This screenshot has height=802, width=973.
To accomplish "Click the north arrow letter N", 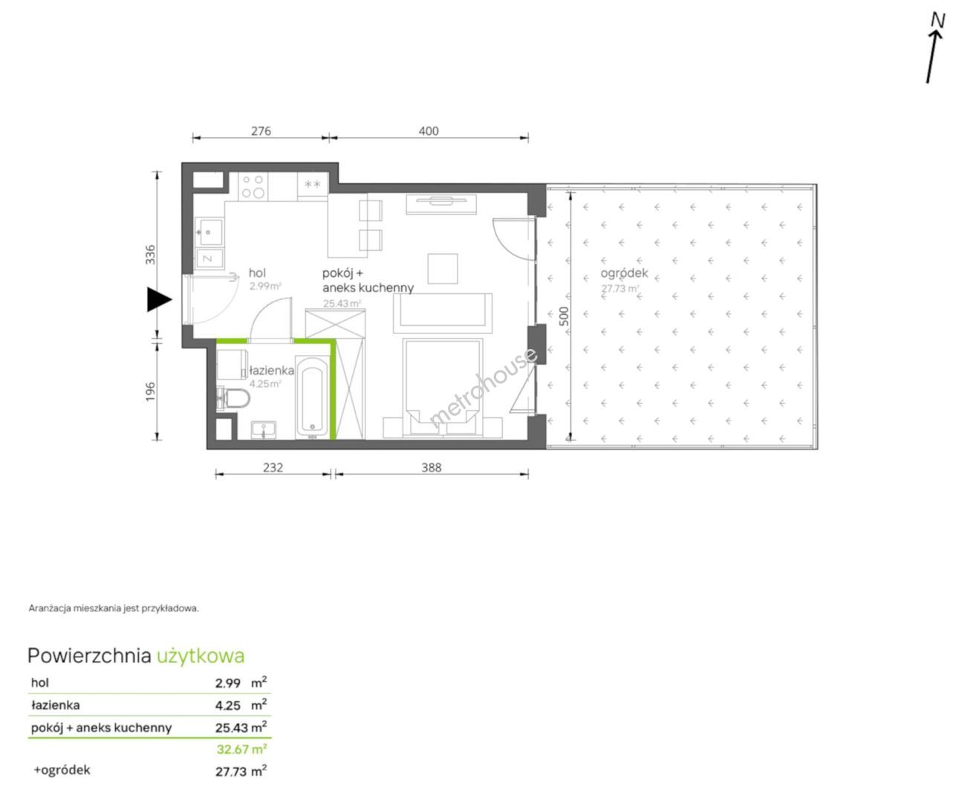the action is (x=937, y=21).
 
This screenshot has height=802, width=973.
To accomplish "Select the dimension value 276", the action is (x=261, y=131).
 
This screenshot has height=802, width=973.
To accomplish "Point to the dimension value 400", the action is (x=429, y=131).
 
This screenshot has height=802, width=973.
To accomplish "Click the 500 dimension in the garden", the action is (x=564, y=316).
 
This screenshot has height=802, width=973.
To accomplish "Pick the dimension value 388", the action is (x=431, y=467).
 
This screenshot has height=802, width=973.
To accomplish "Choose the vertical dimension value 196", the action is (x=150, y=391).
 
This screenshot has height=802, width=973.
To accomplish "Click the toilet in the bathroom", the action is (x=233, y=399).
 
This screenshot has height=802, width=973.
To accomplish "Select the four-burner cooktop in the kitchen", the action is (x=253, y=187).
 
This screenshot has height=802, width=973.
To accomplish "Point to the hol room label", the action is (x=257, y=273).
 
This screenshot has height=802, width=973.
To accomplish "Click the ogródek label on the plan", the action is (x=624, y=273).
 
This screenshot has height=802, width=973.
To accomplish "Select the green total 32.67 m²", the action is (x=241, y=749).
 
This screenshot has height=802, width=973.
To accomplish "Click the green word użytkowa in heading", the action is (x=201, y=656).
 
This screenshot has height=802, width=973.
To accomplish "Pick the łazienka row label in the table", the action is (x=56, y=705).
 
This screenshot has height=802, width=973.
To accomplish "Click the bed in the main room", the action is (x=443, y=388).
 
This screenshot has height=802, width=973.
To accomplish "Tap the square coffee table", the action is (x=443, y=268).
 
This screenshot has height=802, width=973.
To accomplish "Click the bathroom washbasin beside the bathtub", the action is (x=264, y=430).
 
